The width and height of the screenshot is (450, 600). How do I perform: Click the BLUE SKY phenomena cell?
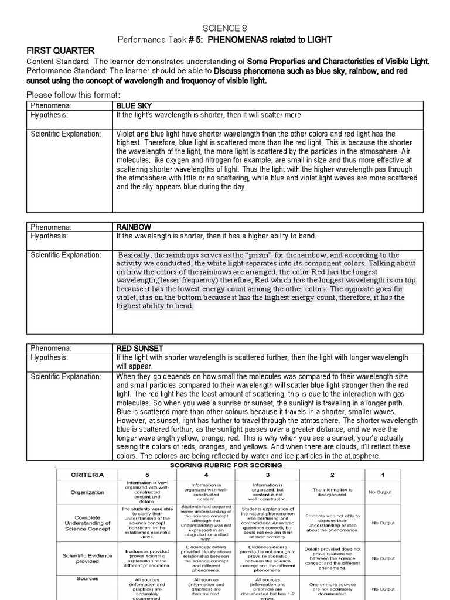pos(134,105)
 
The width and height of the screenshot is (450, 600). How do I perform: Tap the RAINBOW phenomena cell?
pos(134,227)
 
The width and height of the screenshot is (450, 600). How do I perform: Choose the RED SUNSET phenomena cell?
pos(139,348)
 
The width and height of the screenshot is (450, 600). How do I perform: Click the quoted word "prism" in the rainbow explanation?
pos(243,255)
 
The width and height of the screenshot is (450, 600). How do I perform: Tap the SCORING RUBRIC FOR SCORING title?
pos(226,465)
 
